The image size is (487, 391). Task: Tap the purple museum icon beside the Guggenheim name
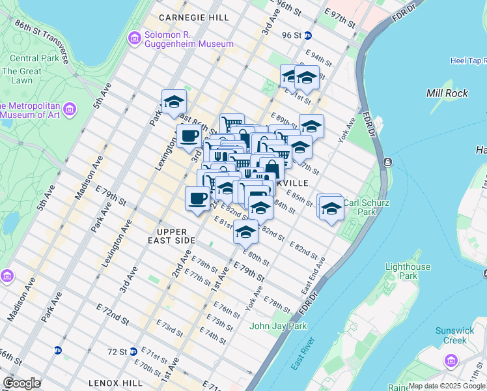(x=135, y=39)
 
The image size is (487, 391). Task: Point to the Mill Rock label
(x=447, y=93)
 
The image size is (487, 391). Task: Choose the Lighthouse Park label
(x=408, y=271)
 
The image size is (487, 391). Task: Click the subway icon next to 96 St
(x=308, y=35)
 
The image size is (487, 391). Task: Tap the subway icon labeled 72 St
(x=132, y=351)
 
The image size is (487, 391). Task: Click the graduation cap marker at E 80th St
(x=245, y=231)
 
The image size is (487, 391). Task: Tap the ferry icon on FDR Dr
(x=388, y=162)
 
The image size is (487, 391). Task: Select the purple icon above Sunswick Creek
(x=450, y=360)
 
